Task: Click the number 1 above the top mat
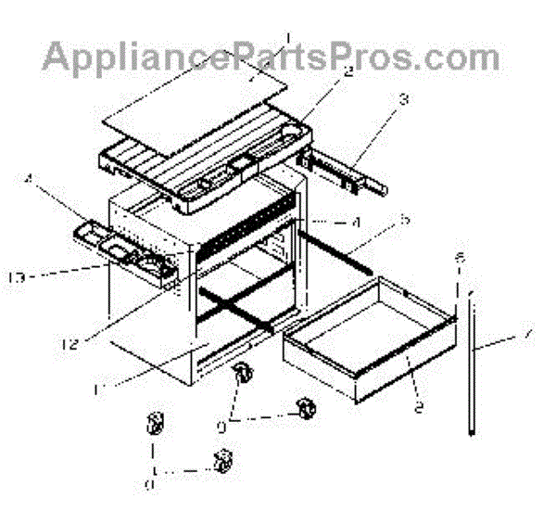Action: click(x=288, y=39)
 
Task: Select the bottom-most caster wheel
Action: click(x=221, y=458)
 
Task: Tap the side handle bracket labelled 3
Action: click(x=343, y=172)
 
